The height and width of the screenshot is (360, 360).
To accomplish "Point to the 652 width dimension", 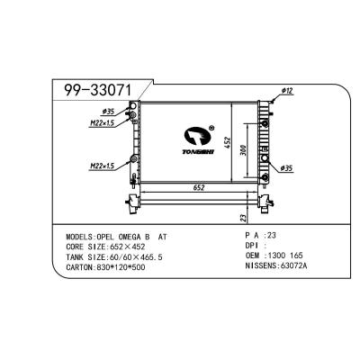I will tap(194, 188).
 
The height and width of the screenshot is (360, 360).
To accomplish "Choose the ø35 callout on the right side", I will tap(288, 169).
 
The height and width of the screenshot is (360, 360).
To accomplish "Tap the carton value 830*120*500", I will tap(127, 268).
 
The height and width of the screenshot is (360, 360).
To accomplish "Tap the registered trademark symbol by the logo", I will tap(210, 127).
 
